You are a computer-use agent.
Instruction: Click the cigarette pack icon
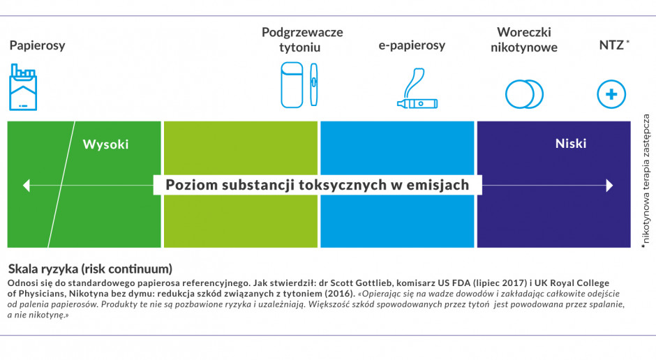click(x=24, y=87)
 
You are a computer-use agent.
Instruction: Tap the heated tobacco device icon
click(x=297, y=85)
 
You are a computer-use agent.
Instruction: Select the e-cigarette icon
click(x=417, y=89)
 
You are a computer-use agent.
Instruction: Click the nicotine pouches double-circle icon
click(x=524, y=93)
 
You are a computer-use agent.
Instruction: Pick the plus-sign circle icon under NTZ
click(x=611, y=94)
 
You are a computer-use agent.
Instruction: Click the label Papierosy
click(x=37, y=45)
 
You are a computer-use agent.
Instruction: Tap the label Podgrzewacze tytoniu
click(x=302, y=40)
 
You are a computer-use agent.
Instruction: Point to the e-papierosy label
click(x=412, y=45)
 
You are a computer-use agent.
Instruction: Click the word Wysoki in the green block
click(x=106, y=144)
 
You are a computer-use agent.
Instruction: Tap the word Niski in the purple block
click(x=570, y=144)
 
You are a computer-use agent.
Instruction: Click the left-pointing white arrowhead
click(x=27, y=186)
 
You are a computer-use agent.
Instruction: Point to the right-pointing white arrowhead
click(x=609, y=186)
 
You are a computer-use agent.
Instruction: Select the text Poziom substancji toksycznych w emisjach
click(x=317, y=186)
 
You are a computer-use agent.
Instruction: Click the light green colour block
click(x=241, y=223)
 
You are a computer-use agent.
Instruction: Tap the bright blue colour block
click(x=397, y=223)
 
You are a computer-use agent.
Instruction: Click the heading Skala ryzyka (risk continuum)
click(x=90, y=269)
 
